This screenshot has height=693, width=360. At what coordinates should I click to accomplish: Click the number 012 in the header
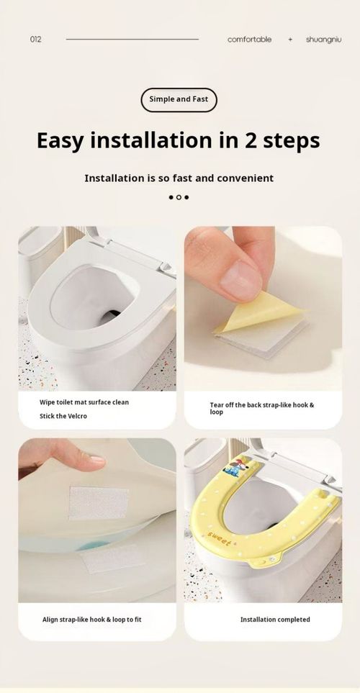(35, 40)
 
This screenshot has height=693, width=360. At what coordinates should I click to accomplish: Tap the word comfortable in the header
(249, 40)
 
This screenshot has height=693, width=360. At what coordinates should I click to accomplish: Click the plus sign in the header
(290, 40)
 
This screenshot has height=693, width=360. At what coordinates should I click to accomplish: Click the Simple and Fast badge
(179, 99)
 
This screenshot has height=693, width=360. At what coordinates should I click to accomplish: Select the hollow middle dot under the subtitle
(179, 197)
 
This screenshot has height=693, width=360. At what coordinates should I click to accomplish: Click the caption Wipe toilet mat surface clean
(84, 402)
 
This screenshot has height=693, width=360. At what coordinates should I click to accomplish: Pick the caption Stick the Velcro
(63, 416)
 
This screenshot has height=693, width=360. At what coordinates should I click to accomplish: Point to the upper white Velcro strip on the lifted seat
(99, 501)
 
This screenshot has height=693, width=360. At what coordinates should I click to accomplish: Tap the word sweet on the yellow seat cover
(220, 535)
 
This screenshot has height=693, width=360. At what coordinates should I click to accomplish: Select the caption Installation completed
(275, 619)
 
